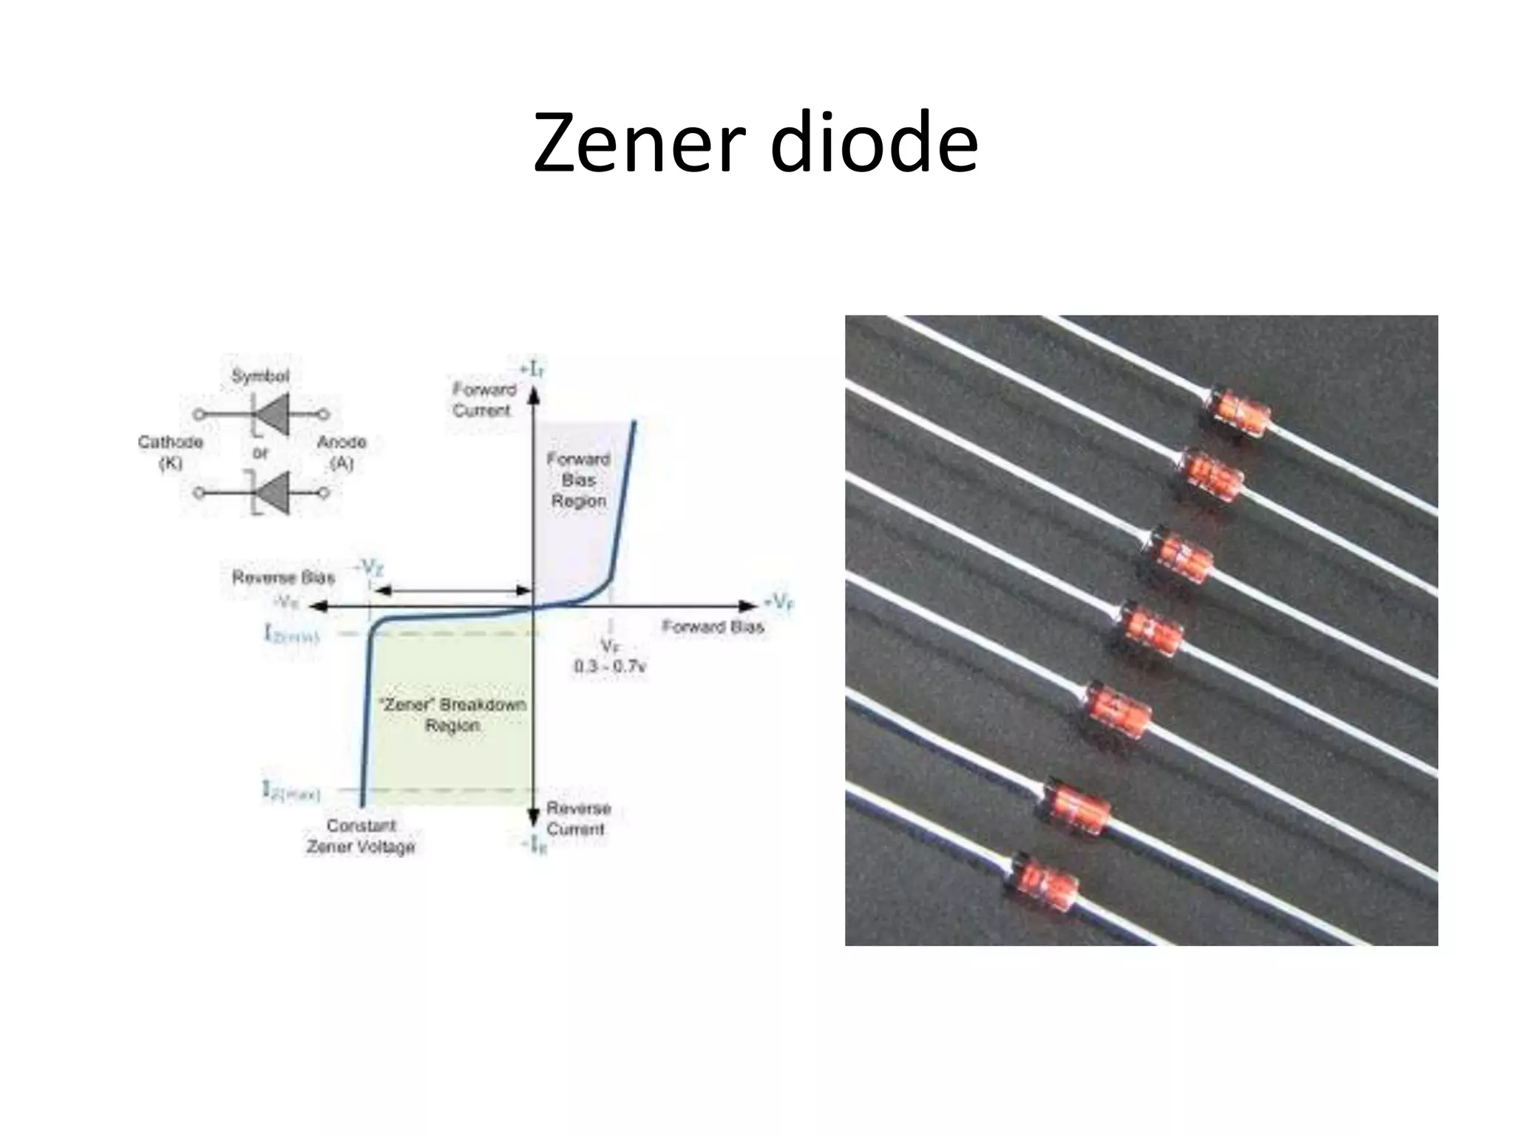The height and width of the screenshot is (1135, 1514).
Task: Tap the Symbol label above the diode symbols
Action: coord(260,376)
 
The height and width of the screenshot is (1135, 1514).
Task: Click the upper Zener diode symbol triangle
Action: coord(273,415)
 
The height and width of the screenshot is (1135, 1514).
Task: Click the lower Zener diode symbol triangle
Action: coord(273,492)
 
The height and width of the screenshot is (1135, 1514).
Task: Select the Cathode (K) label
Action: coord(171,451)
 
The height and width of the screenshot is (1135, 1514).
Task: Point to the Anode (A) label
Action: coord(342,451)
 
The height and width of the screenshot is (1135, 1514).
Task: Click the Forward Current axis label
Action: coord(483,399)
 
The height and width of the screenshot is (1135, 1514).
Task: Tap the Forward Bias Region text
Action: coord(578,480)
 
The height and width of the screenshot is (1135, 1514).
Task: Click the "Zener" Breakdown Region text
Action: coord(452,715)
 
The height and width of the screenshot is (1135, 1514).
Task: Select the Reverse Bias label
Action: coord(283,577)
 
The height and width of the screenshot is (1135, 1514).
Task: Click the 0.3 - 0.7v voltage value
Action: coord(611,667)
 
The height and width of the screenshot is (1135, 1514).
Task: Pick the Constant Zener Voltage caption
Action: coord(361,836)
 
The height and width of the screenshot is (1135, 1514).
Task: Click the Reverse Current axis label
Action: coord(578,818)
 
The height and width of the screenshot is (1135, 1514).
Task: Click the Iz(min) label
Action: coord(291,634)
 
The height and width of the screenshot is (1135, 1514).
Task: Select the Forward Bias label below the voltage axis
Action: coord(713,627)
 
